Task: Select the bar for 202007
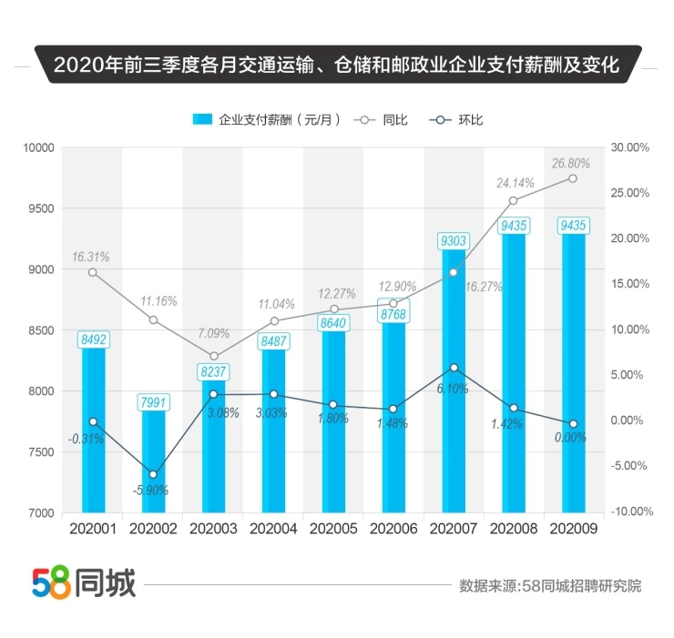point(454,382)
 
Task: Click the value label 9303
point(454,241)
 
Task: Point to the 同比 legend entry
point(382,119)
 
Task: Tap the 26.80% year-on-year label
point(571,164)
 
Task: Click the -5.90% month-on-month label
point(149,490)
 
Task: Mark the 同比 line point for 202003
point(213,356)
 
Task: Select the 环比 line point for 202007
point(454,368)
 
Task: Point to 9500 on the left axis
point(42,208)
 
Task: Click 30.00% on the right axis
point(630,147)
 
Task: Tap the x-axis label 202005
point(333,527)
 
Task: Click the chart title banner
point(336,66)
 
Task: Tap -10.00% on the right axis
point(632,511)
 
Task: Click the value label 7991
point(153,401)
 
